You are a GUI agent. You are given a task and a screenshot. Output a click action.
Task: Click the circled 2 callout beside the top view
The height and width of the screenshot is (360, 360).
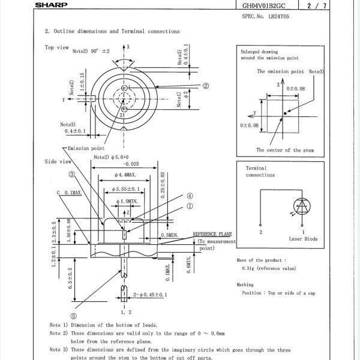click(205, 86)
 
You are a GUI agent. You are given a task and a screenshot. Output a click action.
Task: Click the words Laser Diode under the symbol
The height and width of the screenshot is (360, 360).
click(304, 239)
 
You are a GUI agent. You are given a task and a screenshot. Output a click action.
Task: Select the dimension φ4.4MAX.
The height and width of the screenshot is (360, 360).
click(125, 175)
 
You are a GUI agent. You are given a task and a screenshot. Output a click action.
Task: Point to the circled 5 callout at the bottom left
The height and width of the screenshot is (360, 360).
click(73, 316)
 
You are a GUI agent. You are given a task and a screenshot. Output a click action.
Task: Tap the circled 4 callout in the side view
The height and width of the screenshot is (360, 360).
click(189, 196)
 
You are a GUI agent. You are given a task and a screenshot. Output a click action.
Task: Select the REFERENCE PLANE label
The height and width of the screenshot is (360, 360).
click(212, 234)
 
